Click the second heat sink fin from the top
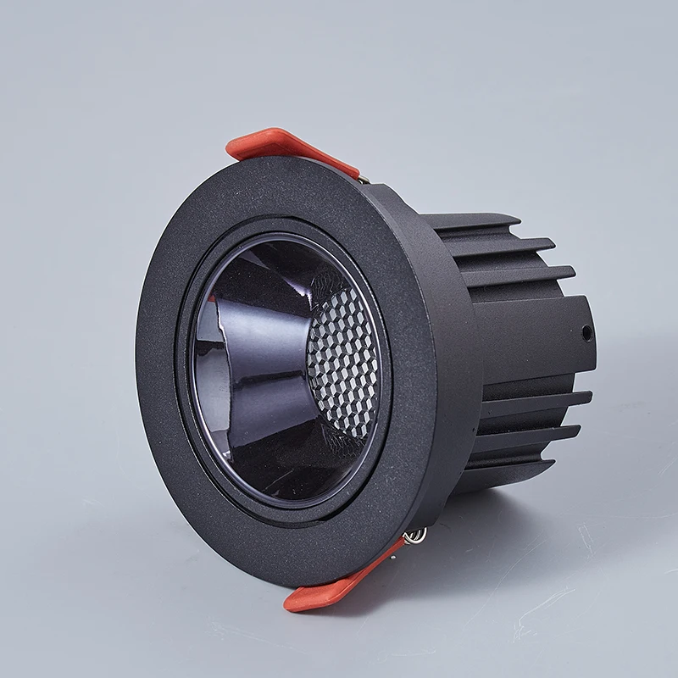508,246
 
